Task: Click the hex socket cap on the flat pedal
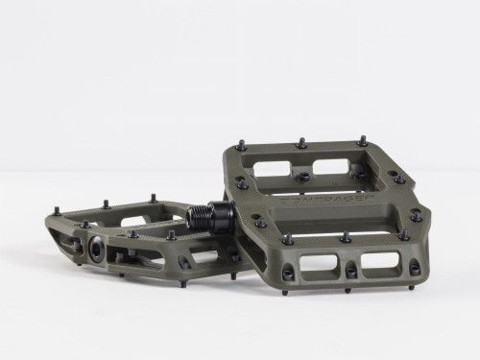click(97, 248)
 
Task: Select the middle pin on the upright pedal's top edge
click(301, 143)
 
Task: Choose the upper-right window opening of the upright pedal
click(332, 165)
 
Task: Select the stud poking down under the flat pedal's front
click(122, 275)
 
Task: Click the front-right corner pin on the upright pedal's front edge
click(404, 234)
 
